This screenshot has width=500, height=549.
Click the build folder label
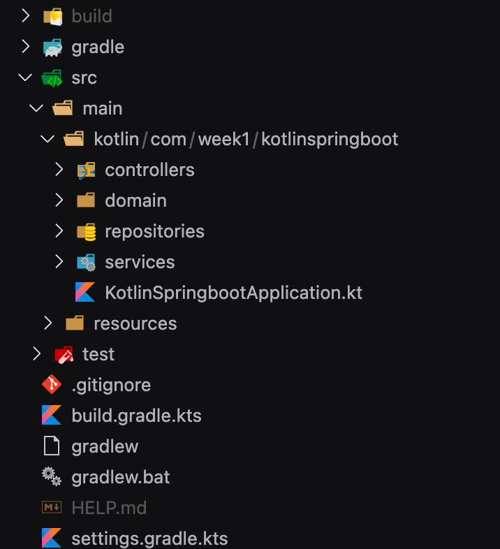pos(91,16)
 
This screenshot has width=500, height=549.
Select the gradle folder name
pos(98,47)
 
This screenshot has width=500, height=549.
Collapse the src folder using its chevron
pos(26,78)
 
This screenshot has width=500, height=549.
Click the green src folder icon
pos(52,78)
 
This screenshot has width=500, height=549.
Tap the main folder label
pos(102,108)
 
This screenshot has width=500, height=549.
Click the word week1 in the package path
pos(223,139)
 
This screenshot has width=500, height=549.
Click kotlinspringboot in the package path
pos(330,139)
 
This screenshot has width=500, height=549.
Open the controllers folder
pos(149,170)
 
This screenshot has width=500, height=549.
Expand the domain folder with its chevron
pos(59,200)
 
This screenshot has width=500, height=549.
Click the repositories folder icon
pos(86,231)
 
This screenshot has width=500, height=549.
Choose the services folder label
pos(140,262)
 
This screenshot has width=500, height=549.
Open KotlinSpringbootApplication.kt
pos(233,293)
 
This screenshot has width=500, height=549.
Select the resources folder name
pos(135,323)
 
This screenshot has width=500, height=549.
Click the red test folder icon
pos(64,354)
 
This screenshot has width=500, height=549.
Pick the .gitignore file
pos(111,385)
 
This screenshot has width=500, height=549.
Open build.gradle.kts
pos(136,416)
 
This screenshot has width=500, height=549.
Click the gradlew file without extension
pos(105,446)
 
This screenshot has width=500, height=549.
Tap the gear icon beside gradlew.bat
pos(51,477)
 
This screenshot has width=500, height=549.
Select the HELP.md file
pos(109,508)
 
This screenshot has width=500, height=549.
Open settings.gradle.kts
pos(149,539)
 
